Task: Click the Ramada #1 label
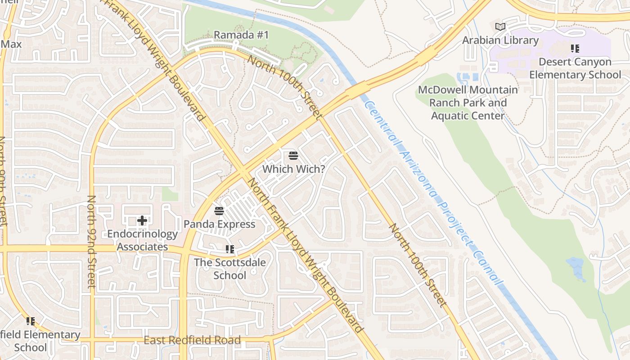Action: [x=241, y=35]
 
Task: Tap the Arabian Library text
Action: [x=500, y=40]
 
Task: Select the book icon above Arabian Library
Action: [x=500, y=27]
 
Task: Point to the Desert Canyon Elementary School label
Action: [x=575, y=68]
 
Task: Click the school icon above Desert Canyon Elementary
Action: [x=575, y=48]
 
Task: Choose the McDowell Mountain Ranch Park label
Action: [x=468, y=103]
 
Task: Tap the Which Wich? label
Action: [x=293, y=169]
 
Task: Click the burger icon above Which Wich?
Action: [x=293, y=156]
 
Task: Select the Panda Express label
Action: [x=219, y=224]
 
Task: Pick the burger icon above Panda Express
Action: [x=219, y=211]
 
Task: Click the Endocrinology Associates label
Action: [x=142, y=240]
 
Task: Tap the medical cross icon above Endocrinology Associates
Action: [x=142, y=220]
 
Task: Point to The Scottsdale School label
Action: [x=229, y=269]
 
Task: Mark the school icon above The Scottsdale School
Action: [x=229, y=249]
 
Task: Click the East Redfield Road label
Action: [x=192, y=340]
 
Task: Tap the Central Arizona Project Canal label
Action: [x=433, y=193]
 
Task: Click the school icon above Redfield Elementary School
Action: [x=31, y=321]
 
